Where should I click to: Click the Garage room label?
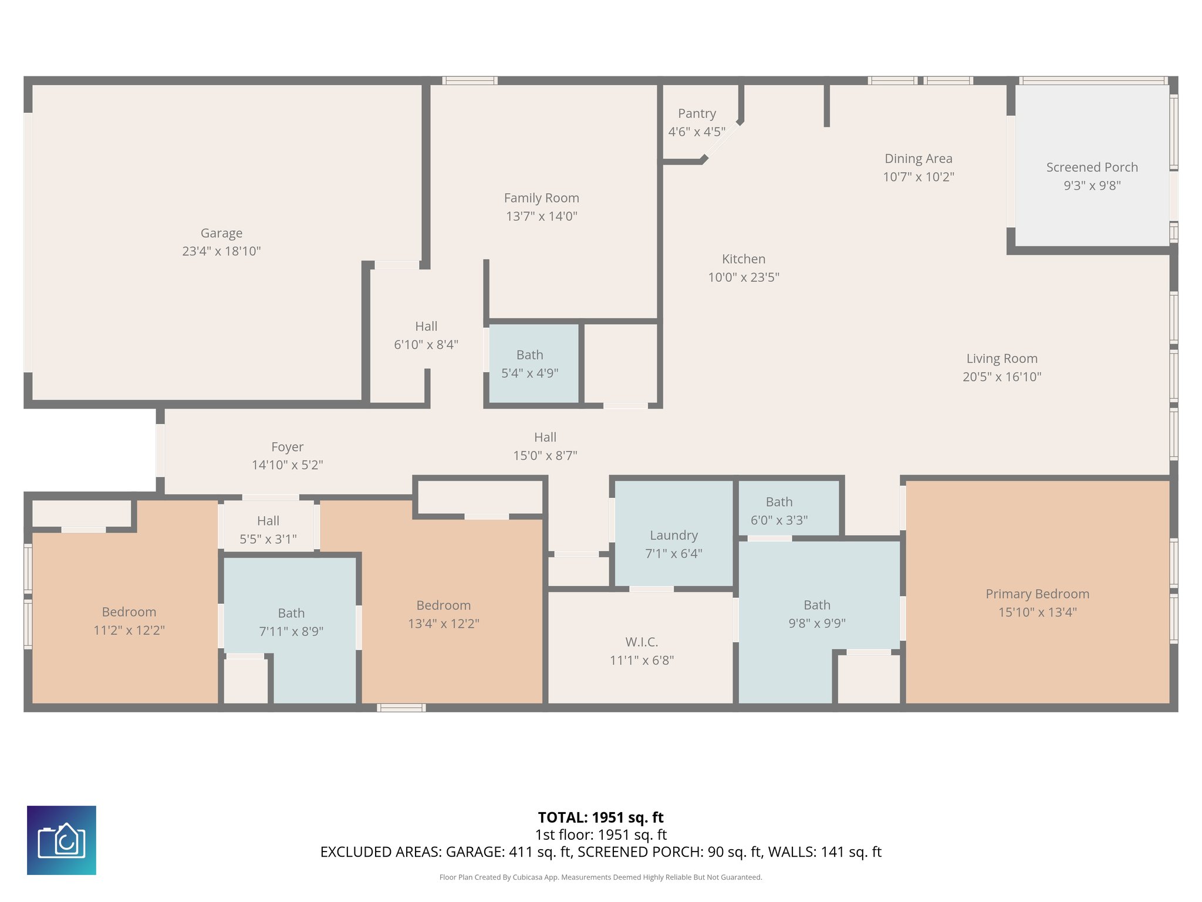[221, 233]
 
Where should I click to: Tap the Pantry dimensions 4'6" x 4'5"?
[697, 132]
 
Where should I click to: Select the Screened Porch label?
[1092, 167]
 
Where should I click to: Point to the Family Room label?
[541, 198]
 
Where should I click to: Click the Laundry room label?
[674, 536]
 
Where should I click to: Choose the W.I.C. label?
[641, 642]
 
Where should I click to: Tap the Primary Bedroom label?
[1037, 594]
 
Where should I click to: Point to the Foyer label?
[287, 447]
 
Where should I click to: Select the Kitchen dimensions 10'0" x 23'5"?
[743, 277]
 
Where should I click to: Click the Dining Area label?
[918, 159]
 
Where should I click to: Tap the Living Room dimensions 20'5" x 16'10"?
[1001, 377]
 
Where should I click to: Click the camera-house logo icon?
[62, 840]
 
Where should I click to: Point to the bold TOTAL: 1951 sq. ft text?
[600, 817]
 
